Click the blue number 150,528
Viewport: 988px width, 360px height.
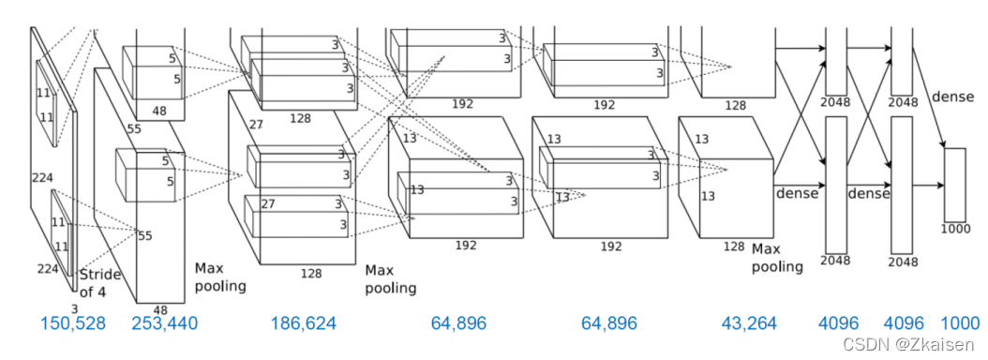coord(72,323)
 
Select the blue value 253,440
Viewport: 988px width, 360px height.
coord(164,323)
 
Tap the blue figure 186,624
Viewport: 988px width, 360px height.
coord(303,323)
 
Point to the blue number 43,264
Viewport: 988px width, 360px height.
coord(749,323)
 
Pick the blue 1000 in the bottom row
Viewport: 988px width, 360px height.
coord(960,323)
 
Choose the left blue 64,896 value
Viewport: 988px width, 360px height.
coord(458,323)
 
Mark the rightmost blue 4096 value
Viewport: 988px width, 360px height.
coord(905,323)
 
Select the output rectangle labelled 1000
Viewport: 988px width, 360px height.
coord(954,185)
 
